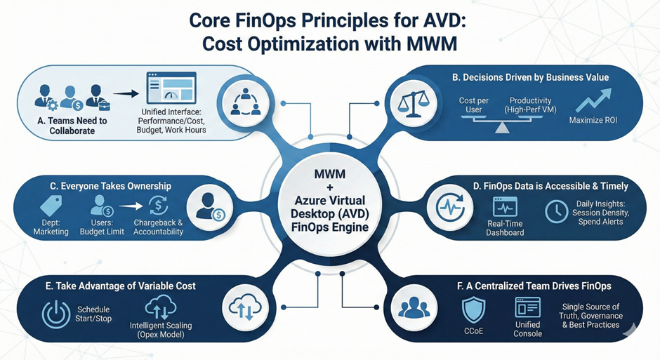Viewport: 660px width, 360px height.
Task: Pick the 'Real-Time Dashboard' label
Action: (x=505, y=227)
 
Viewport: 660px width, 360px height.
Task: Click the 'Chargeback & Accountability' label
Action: (x=159, y=227)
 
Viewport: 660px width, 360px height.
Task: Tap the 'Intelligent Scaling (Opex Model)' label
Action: (x=161, y=331)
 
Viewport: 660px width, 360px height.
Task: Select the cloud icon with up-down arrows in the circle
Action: (x=241, y=309)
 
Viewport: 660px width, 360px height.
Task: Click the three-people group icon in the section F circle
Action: (x=414, y=309)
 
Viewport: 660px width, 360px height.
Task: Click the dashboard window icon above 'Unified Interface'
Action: (x=171, y=89)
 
